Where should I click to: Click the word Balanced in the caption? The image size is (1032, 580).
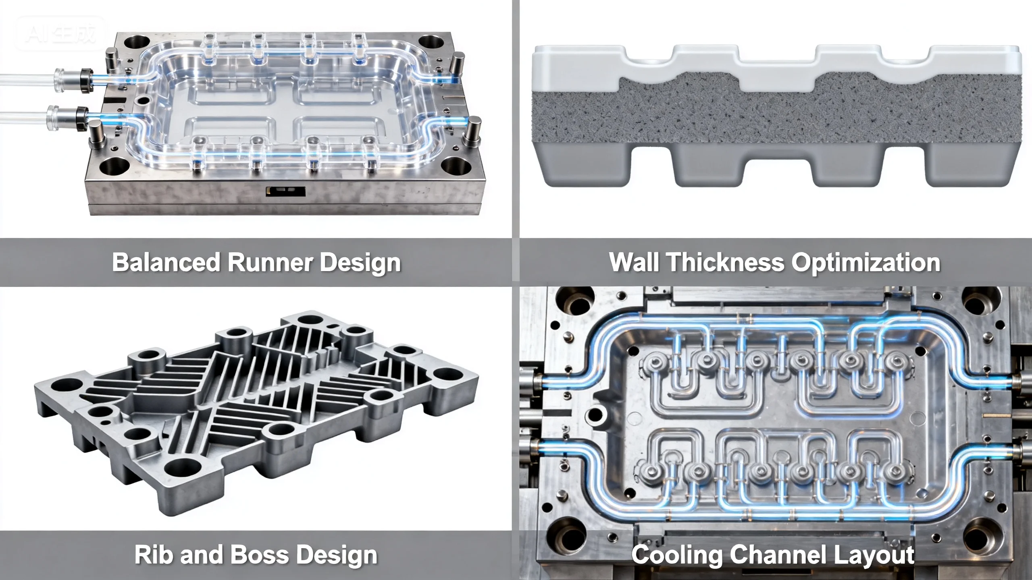(x=166, y=262)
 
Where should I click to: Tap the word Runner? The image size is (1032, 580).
(x=270, y=262)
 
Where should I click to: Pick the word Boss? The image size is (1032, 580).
(x=260, y=555)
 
